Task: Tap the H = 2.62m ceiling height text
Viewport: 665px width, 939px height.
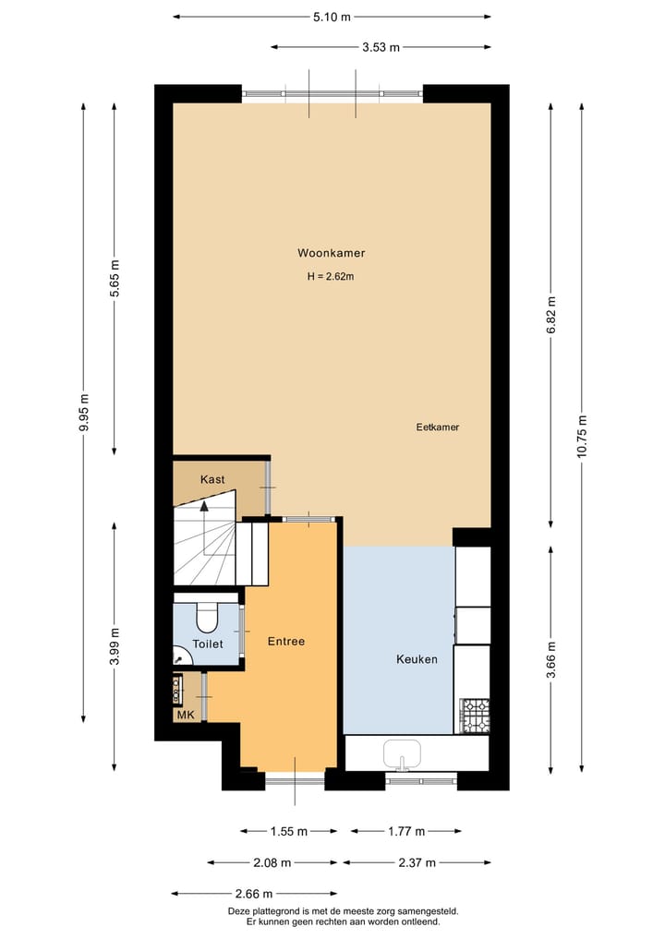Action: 331,276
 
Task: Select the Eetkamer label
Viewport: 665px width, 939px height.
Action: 437,427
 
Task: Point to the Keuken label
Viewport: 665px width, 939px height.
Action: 417,659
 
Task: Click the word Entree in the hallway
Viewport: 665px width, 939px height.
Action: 286,641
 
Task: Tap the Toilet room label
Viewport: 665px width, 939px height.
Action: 207,644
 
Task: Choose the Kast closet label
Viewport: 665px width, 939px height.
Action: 212,479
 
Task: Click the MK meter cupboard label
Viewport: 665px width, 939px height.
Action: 185,714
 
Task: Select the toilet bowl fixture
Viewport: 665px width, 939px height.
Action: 207,617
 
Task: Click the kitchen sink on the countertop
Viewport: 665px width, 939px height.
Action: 402,752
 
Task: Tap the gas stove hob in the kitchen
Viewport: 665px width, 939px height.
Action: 475,716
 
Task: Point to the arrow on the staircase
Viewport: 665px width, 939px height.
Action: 204,506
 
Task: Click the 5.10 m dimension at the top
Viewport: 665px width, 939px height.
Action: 332,17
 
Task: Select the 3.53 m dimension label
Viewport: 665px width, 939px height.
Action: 381,47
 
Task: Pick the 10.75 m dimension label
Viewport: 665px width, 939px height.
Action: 581,437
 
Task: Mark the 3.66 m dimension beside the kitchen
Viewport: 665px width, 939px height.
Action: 550,659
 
